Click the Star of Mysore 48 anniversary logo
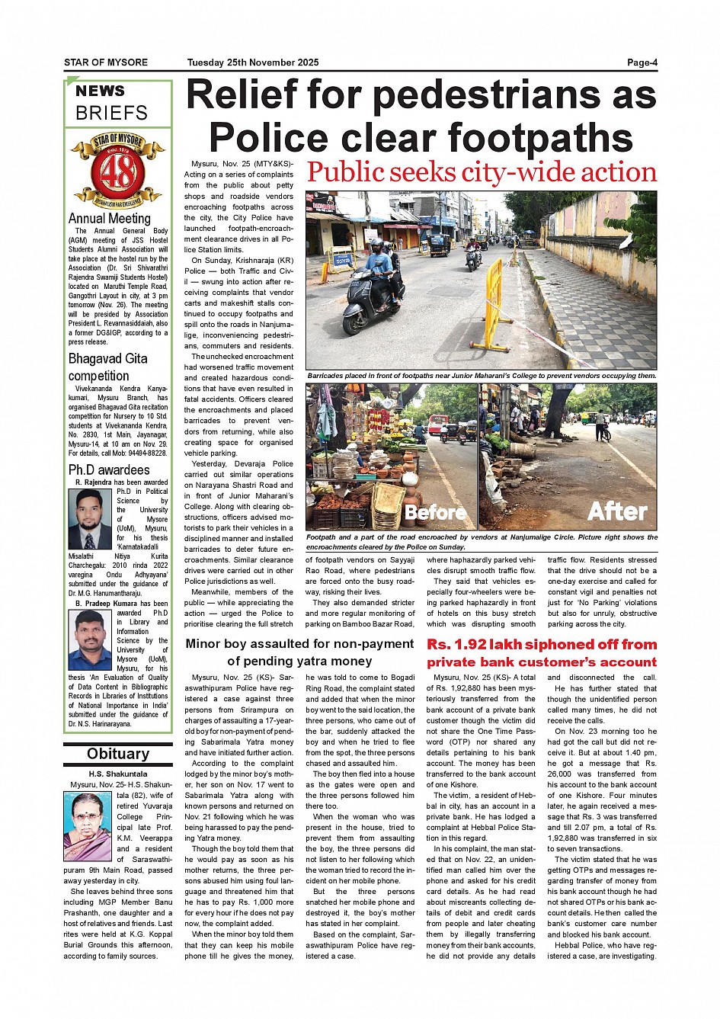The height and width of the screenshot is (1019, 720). (117, 171)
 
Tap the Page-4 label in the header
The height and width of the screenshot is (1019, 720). (642, 62)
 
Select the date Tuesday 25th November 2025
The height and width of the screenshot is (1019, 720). (253, 62)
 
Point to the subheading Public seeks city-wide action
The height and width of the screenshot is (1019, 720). (482, 173)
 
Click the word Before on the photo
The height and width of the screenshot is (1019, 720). (436, 511)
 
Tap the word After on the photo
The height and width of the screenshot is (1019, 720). (616, 511)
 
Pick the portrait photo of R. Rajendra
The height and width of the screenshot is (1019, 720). (90, 519)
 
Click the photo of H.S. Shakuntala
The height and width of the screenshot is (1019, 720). (87, 826)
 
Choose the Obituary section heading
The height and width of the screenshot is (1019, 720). (118, 754)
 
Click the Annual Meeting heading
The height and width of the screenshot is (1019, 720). (110, 219)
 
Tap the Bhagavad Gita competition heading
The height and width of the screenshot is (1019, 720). (108, 367)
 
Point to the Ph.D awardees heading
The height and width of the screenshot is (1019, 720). (109, 469)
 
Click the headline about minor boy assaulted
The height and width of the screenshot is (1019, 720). (299, 652)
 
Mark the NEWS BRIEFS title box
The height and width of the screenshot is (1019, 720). (117, 103)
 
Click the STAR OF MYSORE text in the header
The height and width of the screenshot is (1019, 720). (106, 62)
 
